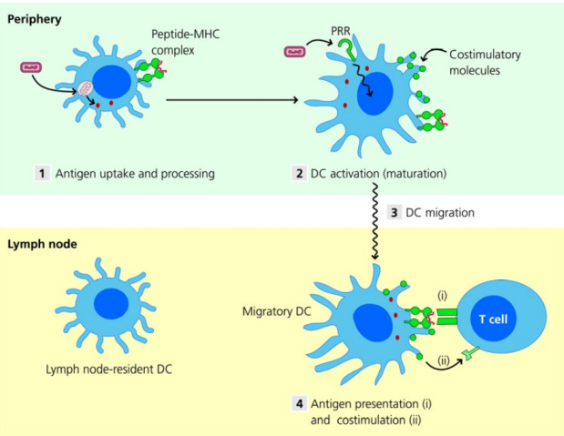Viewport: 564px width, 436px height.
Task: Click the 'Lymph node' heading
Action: click(41, 244)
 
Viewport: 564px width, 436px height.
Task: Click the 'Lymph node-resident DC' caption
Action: click(110, 370)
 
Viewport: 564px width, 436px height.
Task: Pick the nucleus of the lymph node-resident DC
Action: click(111, 303)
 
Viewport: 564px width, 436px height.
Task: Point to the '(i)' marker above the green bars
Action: click(444, 294)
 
